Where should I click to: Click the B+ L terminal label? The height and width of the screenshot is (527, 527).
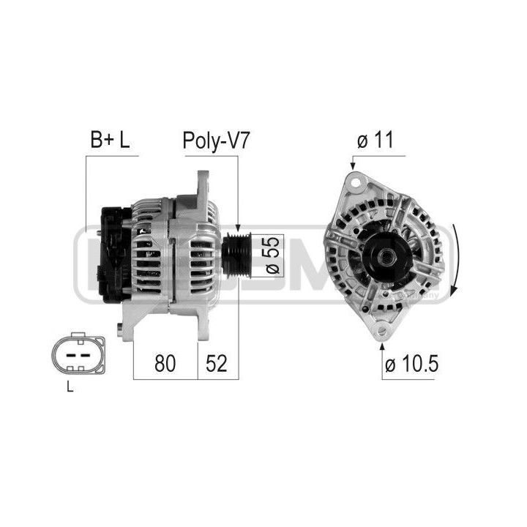click(109, 141)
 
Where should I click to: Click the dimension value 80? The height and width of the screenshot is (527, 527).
click(165, 364)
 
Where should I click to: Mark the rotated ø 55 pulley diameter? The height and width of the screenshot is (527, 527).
click(269, 255)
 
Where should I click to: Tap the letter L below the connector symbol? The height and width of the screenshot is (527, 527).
click(70, 389)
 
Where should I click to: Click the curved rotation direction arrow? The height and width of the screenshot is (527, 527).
click(456, 260)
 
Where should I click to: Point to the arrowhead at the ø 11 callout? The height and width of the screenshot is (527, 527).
click(353, 166)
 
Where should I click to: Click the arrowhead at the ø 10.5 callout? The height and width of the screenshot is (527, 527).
click(381, 344)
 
